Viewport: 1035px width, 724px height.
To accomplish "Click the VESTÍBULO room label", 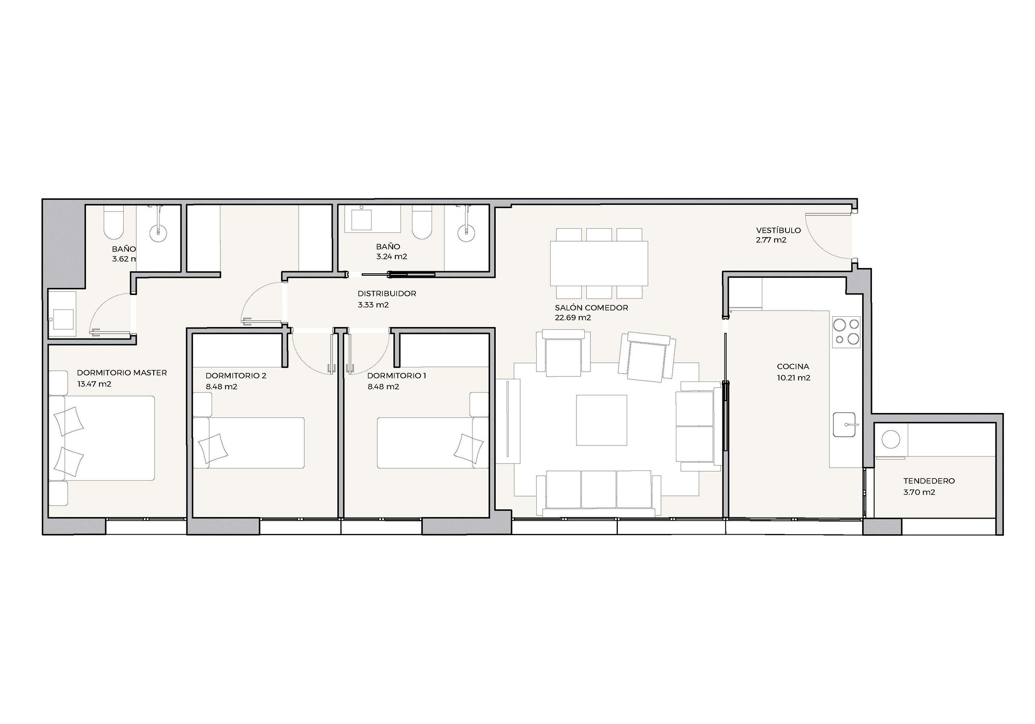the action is click(778, 230).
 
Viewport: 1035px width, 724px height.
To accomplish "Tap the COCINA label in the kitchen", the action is click(793, 367).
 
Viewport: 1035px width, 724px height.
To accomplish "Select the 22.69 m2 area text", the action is click(573, 318).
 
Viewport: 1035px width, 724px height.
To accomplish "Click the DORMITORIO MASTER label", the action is click(122, 373).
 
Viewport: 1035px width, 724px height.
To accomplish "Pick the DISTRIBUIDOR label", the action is click(387, 293).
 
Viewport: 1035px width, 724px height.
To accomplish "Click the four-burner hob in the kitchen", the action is click(846, 332).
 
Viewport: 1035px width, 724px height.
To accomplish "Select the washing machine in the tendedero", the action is click(891, 441).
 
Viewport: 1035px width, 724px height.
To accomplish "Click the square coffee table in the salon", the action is click(602, 420).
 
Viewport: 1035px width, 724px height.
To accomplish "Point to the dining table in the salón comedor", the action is click(599, 263).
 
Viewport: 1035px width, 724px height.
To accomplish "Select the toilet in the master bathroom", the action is click(113, 223).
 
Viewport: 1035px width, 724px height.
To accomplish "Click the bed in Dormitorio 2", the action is click(248, 442).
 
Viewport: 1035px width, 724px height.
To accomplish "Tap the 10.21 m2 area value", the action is click(793, 378).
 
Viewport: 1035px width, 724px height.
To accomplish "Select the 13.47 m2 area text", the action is click(94, 384).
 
